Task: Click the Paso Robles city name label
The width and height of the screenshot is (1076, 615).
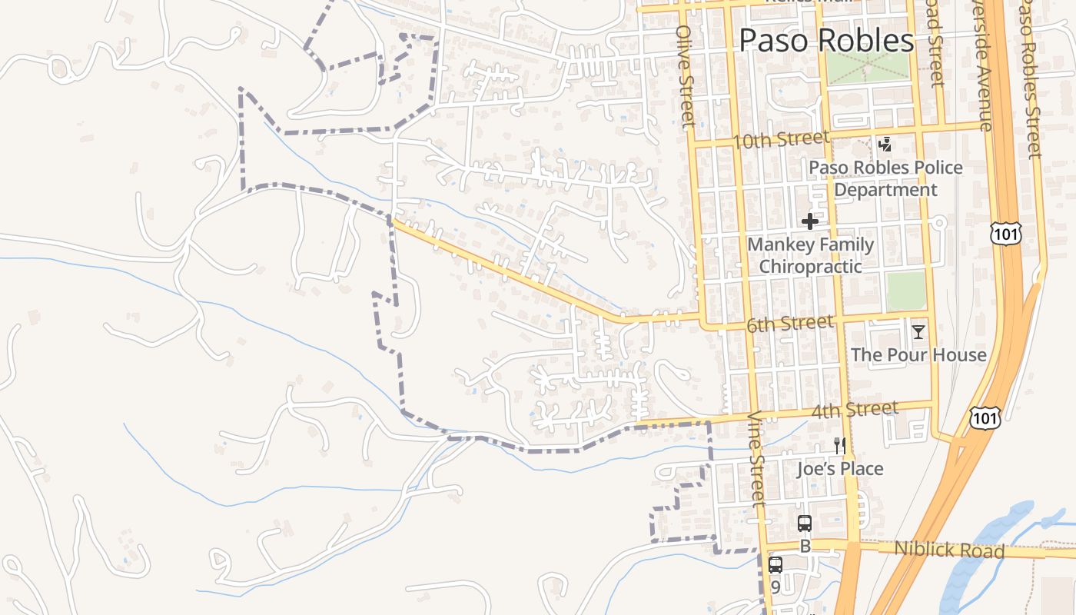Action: [826, 41]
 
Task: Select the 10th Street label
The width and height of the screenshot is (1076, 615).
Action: [781, 140]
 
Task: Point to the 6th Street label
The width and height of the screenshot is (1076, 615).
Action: [790, 324]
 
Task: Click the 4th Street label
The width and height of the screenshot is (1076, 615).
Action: [855, 410]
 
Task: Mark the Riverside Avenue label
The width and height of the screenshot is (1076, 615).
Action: [982, 65]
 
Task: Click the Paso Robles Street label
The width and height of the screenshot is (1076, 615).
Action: [1030, 77]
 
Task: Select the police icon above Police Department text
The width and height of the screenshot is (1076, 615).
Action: [885, 144]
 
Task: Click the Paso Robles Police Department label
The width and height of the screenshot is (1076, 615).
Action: [885, 178]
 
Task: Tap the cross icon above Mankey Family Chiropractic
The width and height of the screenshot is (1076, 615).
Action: [809, 221]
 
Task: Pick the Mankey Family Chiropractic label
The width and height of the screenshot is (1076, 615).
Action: [811, 255]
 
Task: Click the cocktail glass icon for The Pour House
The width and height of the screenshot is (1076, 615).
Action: [918, 332]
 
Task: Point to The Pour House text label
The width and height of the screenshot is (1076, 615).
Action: [918, 354]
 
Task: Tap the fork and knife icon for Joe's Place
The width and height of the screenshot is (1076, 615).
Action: [840, 445]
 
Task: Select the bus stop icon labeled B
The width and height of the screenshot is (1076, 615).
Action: [805, 524]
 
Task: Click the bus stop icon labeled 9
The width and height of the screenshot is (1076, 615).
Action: [775, 565]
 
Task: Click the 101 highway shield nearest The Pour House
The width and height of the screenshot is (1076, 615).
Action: [985, 417]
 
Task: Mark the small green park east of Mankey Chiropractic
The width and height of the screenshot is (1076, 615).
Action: [906, 291]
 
